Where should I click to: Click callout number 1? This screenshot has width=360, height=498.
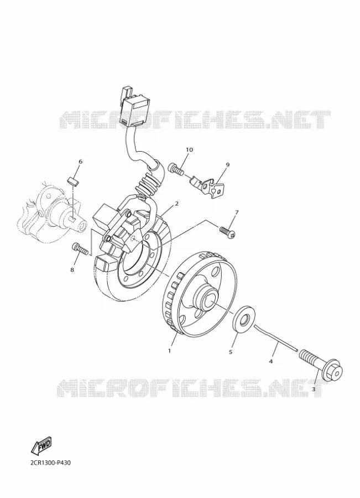coord(170,351)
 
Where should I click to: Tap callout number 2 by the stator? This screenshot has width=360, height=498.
coord(176,204)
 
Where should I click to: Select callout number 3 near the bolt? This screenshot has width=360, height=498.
coord(314,389)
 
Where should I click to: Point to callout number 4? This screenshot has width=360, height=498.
coord(271,361)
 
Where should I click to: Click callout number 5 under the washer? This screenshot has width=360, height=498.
coord(231,352)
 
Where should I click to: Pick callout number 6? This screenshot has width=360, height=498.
coord(80,162)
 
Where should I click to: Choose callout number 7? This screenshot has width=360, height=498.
coord(236,212)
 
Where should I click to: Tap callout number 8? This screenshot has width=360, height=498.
coord(72,269)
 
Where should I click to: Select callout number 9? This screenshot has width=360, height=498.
coord(228,164)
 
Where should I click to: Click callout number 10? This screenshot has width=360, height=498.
coord(190,149)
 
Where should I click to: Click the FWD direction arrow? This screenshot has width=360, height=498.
coord(41,445)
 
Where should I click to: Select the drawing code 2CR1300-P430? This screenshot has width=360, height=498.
coord(51,463)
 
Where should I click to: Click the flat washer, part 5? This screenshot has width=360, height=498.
coord(244,320)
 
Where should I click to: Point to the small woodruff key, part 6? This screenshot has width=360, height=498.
coord(74,181)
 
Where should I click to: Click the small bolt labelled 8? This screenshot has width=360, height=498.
coord(80,248)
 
